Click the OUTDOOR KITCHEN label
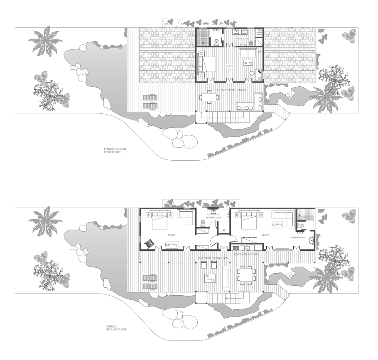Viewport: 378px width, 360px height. pos(246,254)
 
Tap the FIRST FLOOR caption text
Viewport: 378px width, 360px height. pos(112,152)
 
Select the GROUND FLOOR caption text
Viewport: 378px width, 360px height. pos(116,329)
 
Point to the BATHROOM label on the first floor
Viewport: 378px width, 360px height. pos(241,39)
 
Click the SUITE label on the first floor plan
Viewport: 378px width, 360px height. pos(229,66)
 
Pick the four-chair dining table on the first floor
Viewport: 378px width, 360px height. pos(209,97)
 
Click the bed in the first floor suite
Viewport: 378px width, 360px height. pos(206,64)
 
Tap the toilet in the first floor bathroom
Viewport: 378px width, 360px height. pos(216,42)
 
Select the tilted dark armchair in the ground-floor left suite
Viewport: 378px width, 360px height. pos(149,243)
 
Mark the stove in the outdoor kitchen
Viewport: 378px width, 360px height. pos(236,247)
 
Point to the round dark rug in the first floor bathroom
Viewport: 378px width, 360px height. pos(251,43)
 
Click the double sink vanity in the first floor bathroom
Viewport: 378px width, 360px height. pos(240,32)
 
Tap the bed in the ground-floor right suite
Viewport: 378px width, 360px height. pos(249,220)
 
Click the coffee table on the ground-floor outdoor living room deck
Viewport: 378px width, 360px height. pos(210,278)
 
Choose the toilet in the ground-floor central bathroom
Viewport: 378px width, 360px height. pos(203,224)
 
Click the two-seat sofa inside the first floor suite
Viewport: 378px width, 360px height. pos(248,53)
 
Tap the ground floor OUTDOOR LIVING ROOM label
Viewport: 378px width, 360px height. pos(213,258)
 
